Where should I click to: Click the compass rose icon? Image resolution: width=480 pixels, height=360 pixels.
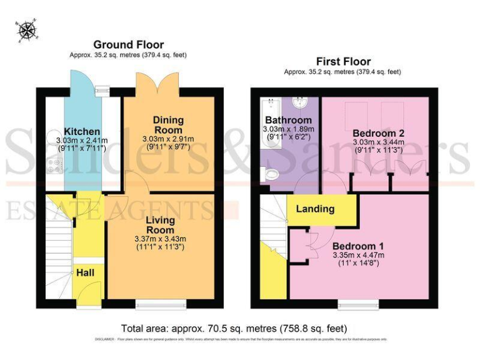(x=26, y=29)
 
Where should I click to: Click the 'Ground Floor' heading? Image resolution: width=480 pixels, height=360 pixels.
(x=128, y=44)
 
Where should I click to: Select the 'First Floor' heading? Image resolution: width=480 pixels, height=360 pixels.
(x=342, y=61)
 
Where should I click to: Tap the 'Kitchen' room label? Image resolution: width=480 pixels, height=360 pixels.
(x=82, y=131)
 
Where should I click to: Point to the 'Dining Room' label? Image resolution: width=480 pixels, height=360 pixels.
(x=169, y=125)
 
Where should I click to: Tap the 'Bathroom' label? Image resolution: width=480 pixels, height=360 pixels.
(x=288, y=120)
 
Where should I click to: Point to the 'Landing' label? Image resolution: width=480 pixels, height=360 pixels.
(x=315, y=209)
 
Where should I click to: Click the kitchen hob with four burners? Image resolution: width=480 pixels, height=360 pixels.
(x=54, y=167)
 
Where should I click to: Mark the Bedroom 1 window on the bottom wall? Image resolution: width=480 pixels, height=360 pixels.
(x=355, y=304)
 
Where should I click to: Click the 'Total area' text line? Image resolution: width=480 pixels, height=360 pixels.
(x=234, y=328)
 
